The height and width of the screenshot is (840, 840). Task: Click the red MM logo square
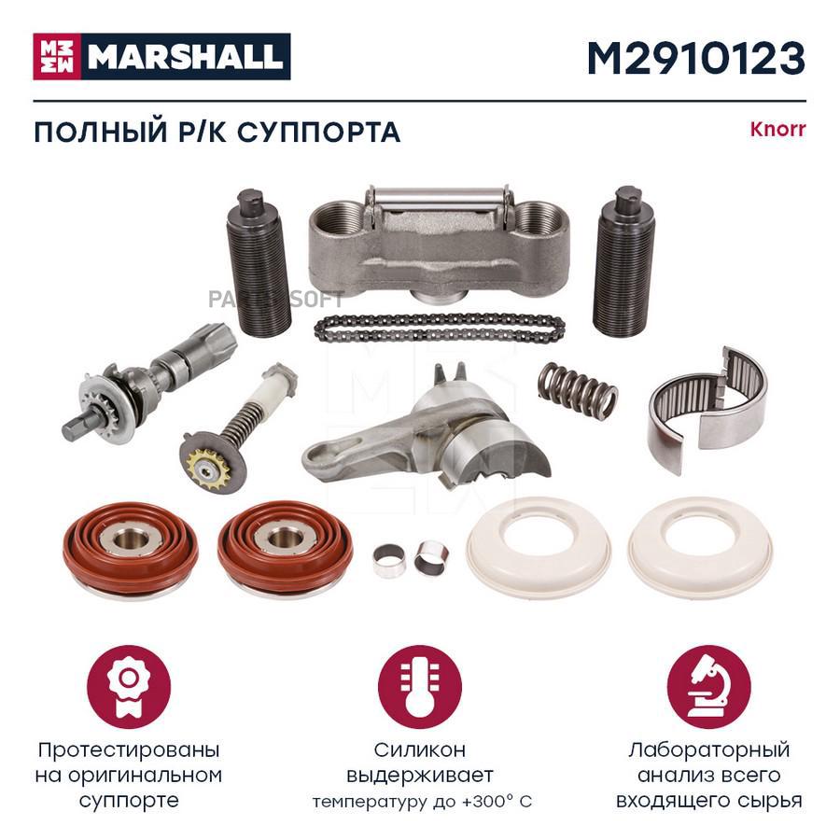(x=57, y=57)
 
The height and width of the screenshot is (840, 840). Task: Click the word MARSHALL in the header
(x=186, y=57)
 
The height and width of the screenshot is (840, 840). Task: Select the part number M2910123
(x=696, y=58)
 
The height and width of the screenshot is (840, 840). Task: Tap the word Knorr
(x=777, y=129)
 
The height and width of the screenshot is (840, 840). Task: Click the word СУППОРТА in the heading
(x=319, y=133)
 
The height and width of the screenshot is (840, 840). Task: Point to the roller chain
(x=440, y=328)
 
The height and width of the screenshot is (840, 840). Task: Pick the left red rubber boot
(x=130, y=549)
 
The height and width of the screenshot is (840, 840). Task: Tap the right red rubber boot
(x=285, y=549)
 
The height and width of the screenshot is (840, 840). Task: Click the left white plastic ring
(x=538, y=546)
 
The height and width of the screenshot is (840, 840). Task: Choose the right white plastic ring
(x=701, y=546)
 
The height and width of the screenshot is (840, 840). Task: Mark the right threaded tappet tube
(x=623, y=261)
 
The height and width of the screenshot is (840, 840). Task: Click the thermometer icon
(x=419, y=687)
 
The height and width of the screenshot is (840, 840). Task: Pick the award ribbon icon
(x=129, y=687)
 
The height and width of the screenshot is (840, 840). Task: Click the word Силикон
(x=419, y=750)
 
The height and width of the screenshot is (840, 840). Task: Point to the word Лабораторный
(x=708, y=750)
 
